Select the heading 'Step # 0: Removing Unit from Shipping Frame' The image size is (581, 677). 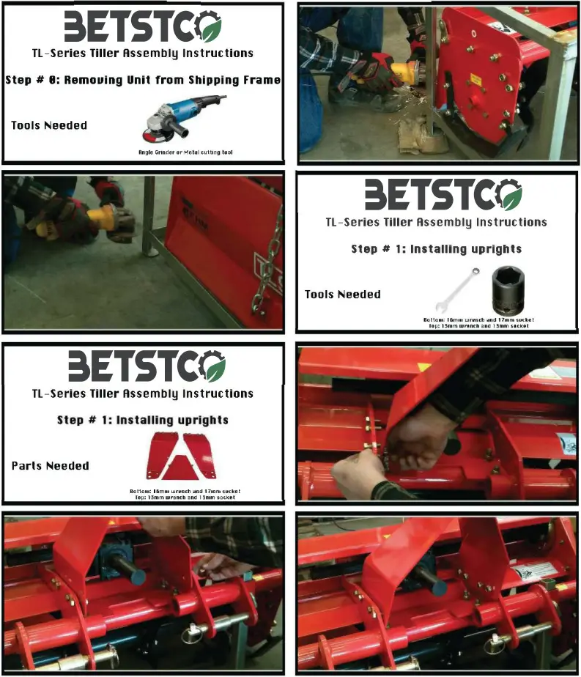click(143, 80)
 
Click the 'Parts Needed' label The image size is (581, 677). click(51, 465)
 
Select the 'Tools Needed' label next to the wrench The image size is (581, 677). click(343, 295)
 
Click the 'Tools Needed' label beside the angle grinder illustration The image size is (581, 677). click(49, 125)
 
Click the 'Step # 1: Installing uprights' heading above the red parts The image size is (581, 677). click(143, 420)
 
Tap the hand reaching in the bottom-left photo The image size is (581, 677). click(220, 564)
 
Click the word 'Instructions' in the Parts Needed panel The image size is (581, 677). click(218, 393)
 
